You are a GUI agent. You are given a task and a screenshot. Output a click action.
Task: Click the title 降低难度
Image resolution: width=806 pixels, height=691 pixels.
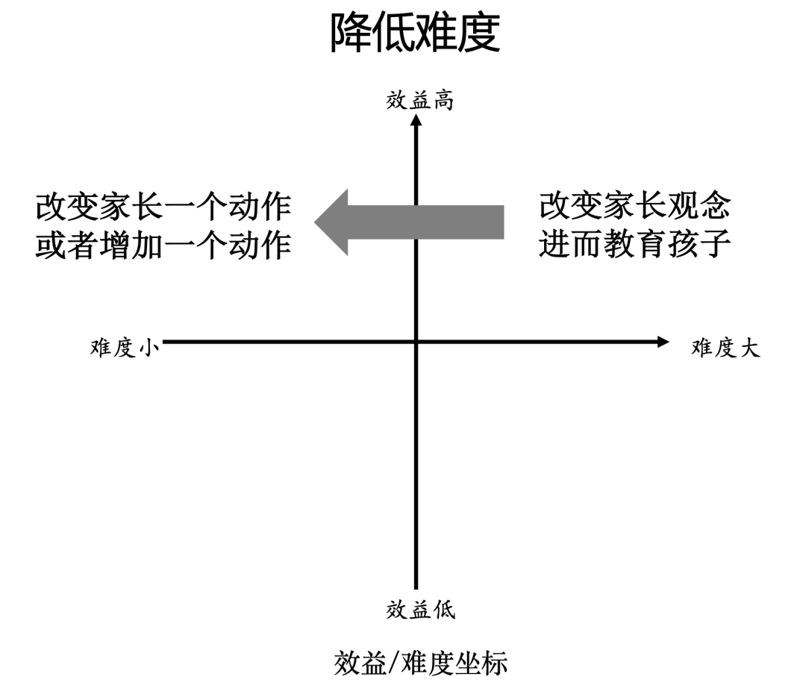pyautogui.click(x=415, y=34)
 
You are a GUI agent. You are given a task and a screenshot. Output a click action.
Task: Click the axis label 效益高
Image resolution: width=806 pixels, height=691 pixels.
pyautogui.click(x=419, y=101)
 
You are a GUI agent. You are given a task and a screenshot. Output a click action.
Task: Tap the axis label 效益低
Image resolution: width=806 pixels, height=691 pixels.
pyautogui.click(x=419, y=610)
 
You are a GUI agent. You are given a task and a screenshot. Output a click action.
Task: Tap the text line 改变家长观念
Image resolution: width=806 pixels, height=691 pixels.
pyautogui.click(x=634, y=207)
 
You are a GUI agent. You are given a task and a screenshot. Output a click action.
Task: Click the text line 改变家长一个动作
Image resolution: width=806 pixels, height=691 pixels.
pyautogui.click(x=163, y=207)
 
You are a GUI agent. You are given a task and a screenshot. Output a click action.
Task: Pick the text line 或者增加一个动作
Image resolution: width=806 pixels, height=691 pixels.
pyautogui.click(x=163, y=246)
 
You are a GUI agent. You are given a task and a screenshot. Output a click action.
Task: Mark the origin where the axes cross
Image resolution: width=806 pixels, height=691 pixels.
pyautogui.click(x=416, y=342)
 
